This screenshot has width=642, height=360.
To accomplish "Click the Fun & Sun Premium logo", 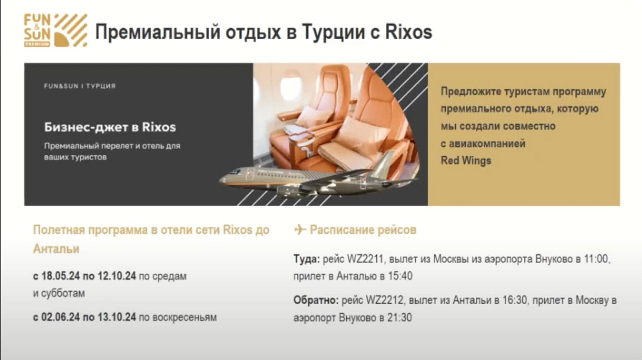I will pyautogui.click(x=55, y=30).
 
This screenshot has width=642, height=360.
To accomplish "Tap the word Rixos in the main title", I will pyautogui.click(x=408, y=32).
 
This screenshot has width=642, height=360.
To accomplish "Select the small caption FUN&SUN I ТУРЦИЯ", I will pyautogui.click(x=80, y=86).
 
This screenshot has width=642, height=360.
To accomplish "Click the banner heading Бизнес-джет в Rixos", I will pyautogui.click(x=110, y=127).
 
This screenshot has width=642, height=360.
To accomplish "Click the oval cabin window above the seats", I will pyautogui.click(x=291, y=86).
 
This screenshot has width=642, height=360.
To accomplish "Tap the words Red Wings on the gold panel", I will pyautogui.click(x=466, y=161).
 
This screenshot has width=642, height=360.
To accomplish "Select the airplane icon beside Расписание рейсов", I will pyautogui.click(x=300, y=230).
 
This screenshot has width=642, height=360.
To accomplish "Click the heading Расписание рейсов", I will pyautogui.click(x=363, y=230).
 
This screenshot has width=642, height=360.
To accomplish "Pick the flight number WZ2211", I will pyautogui.click(x=365, y=259).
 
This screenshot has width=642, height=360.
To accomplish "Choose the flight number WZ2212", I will pyautogui.click(x=384, y=300).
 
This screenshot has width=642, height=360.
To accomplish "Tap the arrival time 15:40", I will pyautogui.click(x=400, y=276).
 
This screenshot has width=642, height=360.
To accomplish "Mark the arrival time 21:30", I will pyautogui.click(x=400, y=318).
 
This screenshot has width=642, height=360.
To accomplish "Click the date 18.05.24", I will pyautogui.click(x=60, y=276).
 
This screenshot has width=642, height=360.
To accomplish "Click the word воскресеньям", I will pyautogui.click(x=184, y=317).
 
